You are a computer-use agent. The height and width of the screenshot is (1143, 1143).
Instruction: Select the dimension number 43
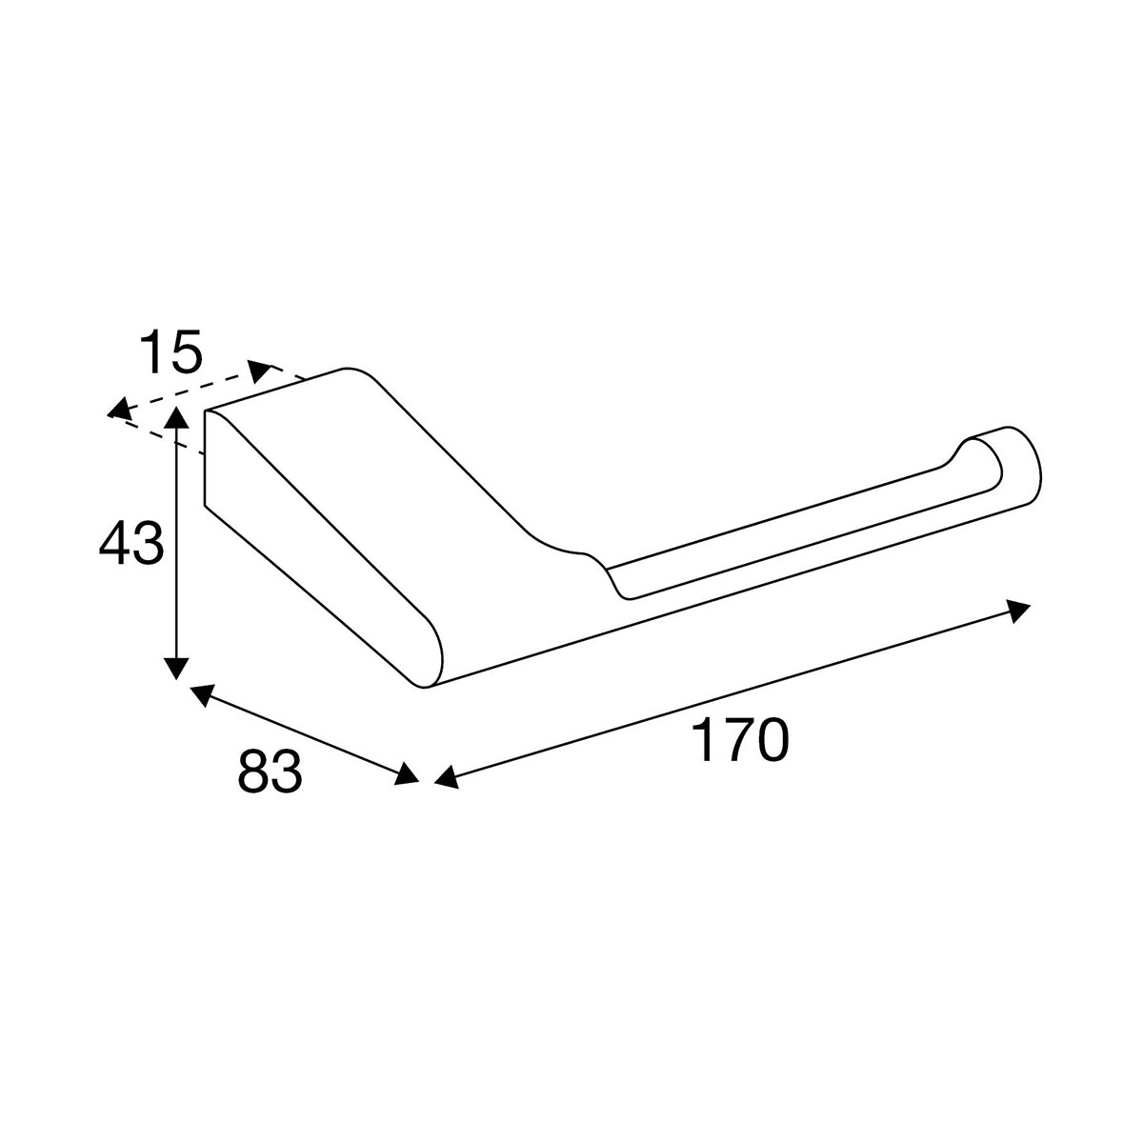131,543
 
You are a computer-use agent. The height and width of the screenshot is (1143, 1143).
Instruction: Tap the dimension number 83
270,772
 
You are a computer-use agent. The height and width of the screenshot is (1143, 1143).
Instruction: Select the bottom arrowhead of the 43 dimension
176,669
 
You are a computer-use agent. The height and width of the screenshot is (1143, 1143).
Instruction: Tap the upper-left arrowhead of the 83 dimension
200,694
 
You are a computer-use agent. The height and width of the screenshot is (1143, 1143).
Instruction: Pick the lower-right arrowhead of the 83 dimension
408,773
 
